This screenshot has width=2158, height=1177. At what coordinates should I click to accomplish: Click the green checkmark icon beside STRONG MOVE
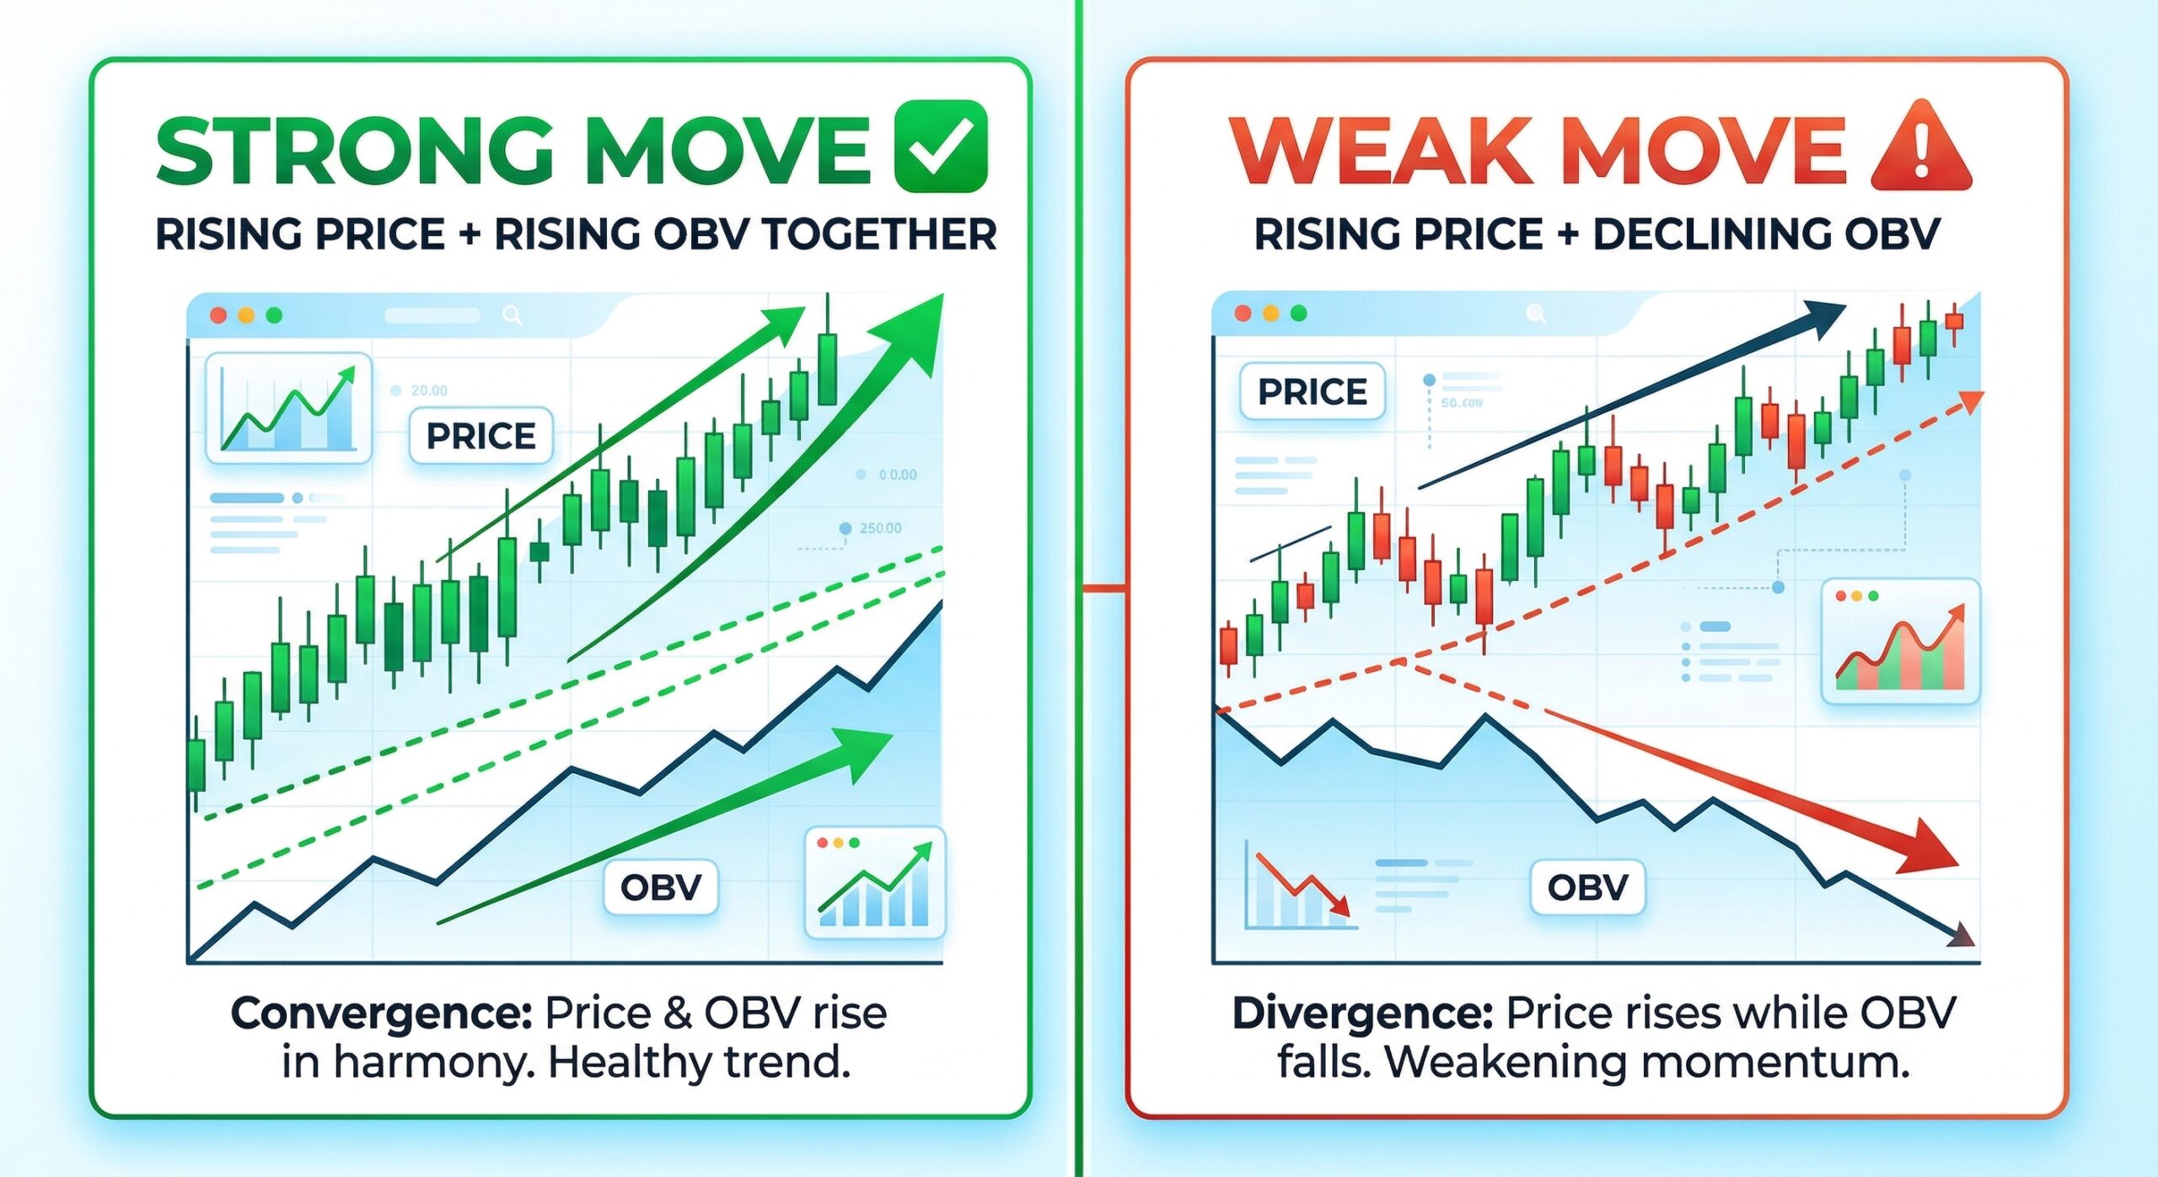pos(941,146)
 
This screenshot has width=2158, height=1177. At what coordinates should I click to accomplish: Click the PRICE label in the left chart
pos(480,436)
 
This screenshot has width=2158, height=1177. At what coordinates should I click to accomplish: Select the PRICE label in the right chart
pos(1312,392)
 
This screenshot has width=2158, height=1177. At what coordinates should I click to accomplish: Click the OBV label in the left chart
pos(661,887)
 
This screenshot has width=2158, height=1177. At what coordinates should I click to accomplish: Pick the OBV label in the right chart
pos(1587,887)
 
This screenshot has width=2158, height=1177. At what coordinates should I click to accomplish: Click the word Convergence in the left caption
pos(381,1013)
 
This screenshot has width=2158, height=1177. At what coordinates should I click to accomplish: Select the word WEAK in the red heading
pos(1381,152)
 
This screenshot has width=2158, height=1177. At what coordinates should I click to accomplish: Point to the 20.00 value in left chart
pos(429,390)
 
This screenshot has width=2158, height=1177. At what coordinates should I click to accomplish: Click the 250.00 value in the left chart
pos(880,529)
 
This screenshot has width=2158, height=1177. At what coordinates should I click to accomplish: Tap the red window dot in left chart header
pos(218,315)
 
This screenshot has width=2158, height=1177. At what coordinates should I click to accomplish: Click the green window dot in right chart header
pos(1298,314)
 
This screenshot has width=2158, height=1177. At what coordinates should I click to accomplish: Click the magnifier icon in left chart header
pos(512,315)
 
